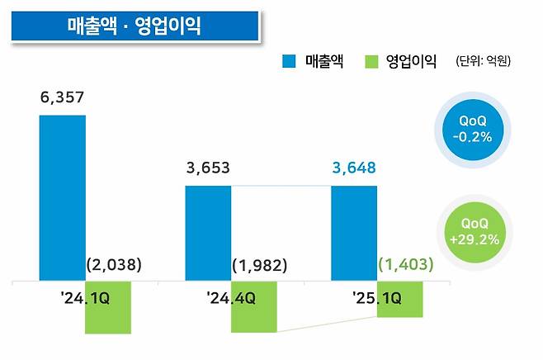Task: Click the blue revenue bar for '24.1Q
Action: [x=62, y=198]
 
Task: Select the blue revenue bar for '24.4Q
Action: [x=208, y=233]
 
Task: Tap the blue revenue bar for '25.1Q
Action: [x=354, y=233]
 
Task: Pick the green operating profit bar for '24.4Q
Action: [x=254, y=306]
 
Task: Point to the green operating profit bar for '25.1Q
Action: [x=400, y=299]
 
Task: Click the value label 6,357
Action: [x=62, y=98]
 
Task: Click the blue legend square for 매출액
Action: [x=290, y=61]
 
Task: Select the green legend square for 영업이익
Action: [x=371, y=61]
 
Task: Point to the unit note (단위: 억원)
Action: [x=483, y=61]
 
